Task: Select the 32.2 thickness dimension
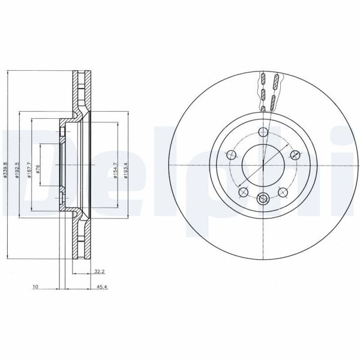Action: (x=100, y=271)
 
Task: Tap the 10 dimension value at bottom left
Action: (x=36, y=287)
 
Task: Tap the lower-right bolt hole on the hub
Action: (x=283, y=191)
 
